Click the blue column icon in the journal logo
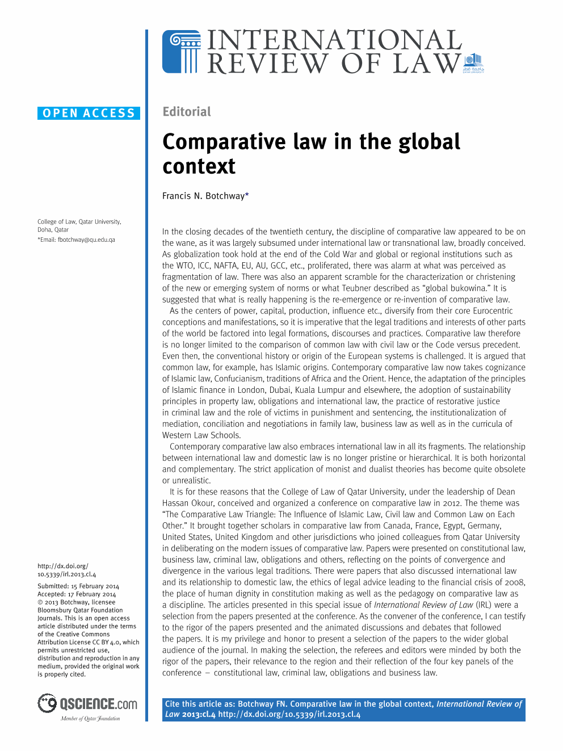coord(182,52)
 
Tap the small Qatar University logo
coord(473,63)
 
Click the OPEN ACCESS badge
coord(89,113)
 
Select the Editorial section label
coord(187,112)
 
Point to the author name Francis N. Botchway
coord(203,196)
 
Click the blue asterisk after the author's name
coord(247,195)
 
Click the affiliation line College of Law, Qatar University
coord(79,222)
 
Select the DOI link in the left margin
coord(66,570)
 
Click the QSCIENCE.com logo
coord(88,704)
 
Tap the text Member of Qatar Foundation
coord(90,719)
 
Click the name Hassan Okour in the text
coord(188,503)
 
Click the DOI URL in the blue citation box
coord(289,714)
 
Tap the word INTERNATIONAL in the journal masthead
coord(335,40)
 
